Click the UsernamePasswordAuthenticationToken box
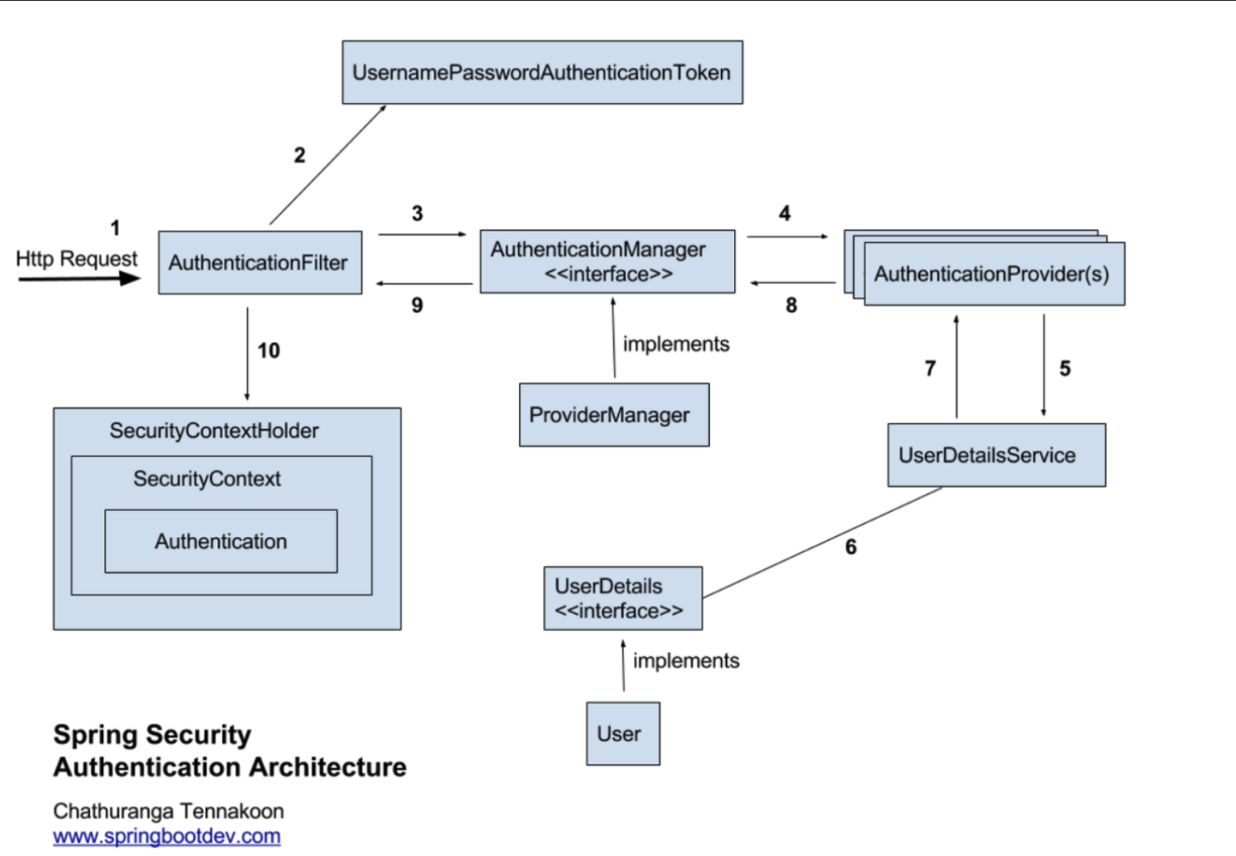[542, 73]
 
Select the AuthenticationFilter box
[260, 263]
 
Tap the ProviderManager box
[614, 415]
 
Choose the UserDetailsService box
[997, 455]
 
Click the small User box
[623, 733]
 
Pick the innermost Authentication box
[221, 542]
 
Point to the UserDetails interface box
[623, 598]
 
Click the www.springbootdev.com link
[167, 836]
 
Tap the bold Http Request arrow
[80, 279]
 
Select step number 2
[300, 155]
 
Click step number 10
[269, 351]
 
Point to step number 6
[851, 547]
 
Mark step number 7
[931, 368]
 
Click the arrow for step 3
[422, 235]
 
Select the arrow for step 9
[425, 284]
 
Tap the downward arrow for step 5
[1043, 365]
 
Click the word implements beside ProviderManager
[676, 344]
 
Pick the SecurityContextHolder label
[214, 430]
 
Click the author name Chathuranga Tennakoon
[168, 812]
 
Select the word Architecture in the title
[328, 767]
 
